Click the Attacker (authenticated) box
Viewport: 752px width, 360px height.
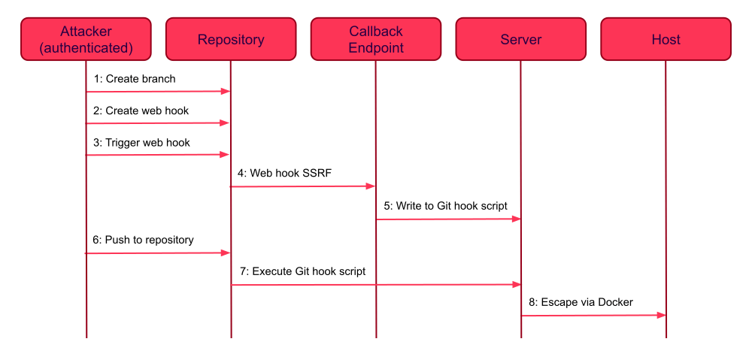pos(86,39)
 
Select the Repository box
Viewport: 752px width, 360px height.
pos(231,39)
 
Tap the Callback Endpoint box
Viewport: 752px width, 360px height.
pos(376,39)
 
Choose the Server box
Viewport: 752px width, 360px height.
pos(520,39)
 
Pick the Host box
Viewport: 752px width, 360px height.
pos(666,39)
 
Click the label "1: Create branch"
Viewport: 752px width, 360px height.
pos(135,78)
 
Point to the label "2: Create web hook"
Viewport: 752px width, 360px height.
pos(141,110)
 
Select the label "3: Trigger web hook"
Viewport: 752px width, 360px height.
pos(141,142)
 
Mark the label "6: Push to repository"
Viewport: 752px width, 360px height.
pos(144,240)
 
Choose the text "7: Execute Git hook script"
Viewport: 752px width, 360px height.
pos(302,271)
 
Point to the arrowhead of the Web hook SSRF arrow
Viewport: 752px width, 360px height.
pos(371,186)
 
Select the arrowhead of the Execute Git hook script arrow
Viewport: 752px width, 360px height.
pos(517,284)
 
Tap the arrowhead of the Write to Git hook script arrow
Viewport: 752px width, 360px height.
pos(517,219)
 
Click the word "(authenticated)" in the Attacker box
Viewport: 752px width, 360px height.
pos(86,48)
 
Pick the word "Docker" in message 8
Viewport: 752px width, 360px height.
pos(616,302)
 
